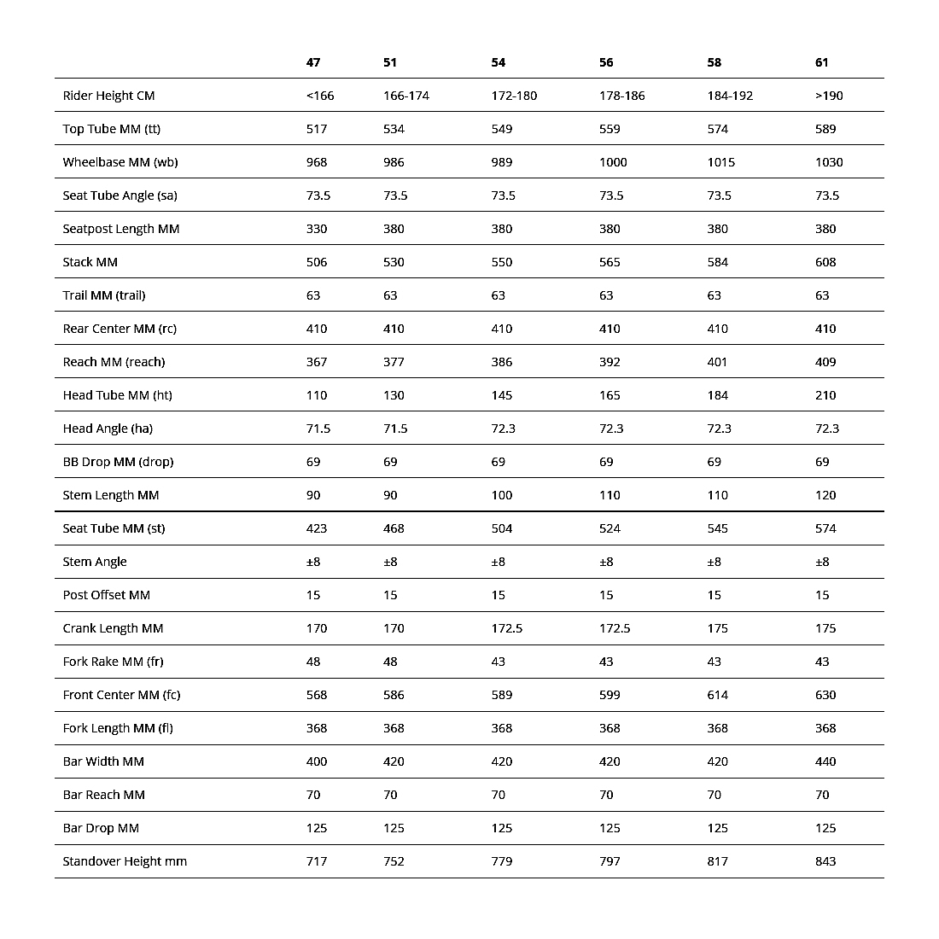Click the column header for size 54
(499, 62)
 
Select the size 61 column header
(822, 62)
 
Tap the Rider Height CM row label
(108, 96)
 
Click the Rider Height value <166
(320, 96)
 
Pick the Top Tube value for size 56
(609, 129)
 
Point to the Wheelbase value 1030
(829, 162)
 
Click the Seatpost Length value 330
(317, 229)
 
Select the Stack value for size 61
(825, 262)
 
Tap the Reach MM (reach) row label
(114, 362)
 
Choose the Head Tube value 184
(718, 395)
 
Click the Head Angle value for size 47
(318, 429)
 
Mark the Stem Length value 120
(825, 495)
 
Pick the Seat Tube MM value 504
(502, 528)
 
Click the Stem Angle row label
(95, 562)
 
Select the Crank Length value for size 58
(718, 628)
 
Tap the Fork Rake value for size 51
(390, 662)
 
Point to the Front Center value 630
(825, 695)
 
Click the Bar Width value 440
(825, 761)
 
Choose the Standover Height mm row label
(125, 861)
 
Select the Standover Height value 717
(317, 861)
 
